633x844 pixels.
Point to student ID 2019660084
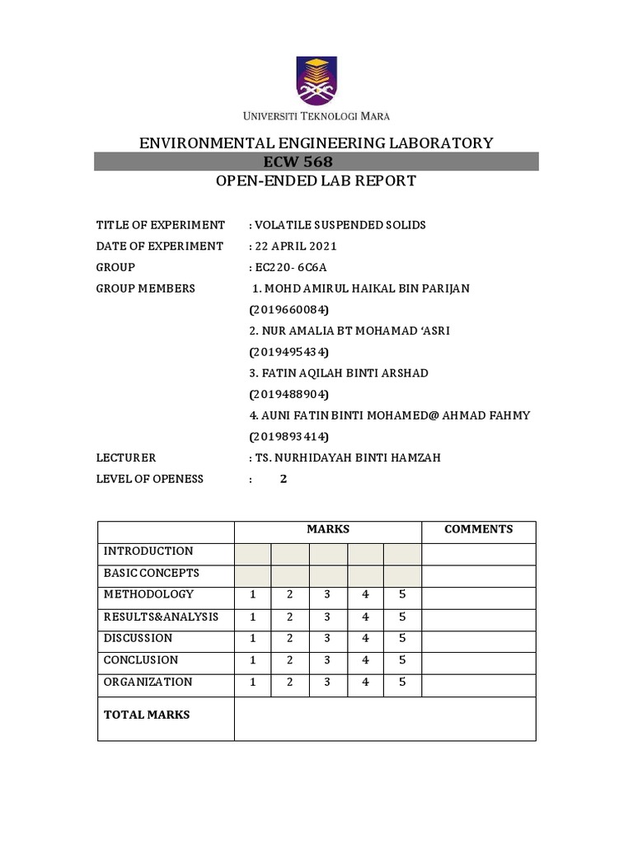[288, 310]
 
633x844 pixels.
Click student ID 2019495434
[288, 352]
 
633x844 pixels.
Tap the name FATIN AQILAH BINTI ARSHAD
[338, 373]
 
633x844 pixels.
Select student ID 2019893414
[288, 436]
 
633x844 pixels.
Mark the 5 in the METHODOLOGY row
[402, 594]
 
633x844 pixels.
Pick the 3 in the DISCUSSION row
[327, 638]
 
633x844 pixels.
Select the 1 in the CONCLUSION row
[253, 660]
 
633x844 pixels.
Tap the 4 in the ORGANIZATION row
[365, 682]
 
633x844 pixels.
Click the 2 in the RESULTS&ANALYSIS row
[290, 617]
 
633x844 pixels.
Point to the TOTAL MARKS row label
[146, 715]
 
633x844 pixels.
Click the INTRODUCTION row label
[148, 551]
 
